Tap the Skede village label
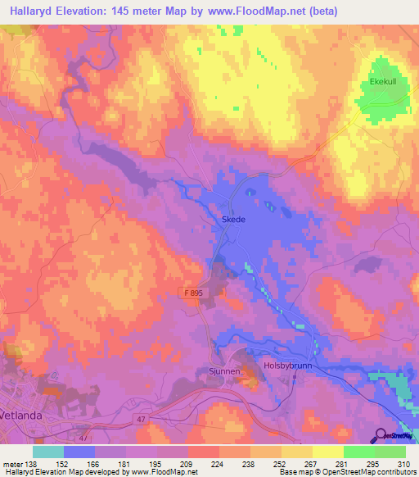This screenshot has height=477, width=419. click(x=233, y=220)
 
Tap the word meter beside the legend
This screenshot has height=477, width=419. click(x=12, y=463)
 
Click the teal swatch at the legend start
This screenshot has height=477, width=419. click(x=48, y=452)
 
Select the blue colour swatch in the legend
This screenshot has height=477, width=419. click(x=79, y=452)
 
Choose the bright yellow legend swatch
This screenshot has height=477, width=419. click(x=327, y=452)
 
